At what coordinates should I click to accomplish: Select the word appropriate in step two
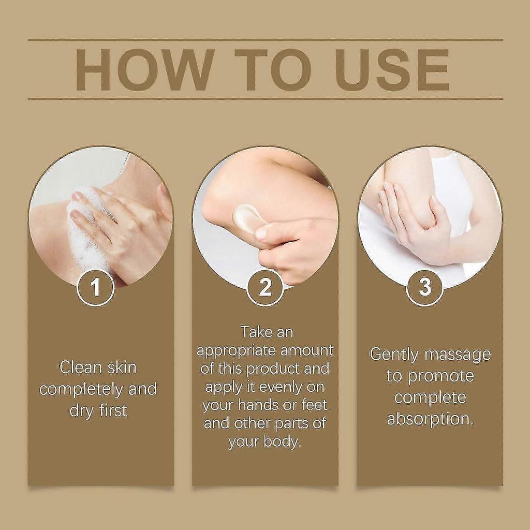[236, 350]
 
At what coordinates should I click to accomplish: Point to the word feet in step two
[313, 405]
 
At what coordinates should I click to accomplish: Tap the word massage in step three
[458, 355]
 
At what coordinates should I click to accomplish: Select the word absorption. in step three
[430, 419]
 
